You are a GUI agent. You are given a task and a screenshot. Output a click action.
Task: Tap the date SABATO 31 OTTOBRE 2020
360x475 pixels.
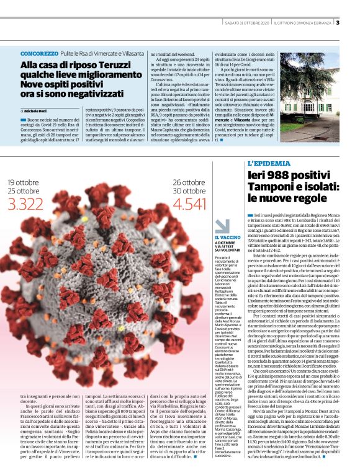click(245, 24)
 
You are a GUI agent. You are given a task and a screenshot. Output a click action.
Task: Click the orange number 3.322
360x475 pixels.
click(26, 203)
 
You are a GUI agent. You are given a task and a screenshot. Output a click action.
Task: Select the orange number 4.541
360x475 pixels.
click(189, 203)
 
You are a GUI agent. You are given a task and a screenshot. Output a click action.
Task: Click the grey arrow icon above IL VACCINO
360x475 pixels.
click(222, 226)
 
